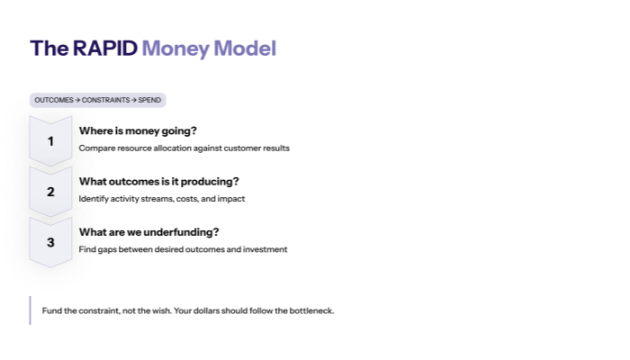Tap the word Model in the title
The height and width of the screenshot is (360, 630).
coord(244,49)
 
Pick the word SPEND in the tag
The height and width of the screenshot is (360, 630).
coord(149,100)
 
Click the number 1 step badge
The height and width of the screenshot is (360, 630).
coord(50,140)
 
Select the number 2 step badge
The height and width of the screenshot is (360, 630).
coord(50,191)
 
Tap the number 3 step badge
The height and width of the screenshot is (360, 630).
coord(50,241)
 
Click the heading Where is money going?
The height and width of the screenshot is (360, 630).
coord(138,130)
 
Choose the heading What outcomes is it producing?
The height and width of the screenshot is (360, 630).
coord(158,181)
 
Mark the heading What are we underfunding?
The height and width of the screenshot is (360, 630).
coord(148,231)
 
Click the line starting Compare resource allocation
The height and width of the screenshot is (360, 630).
coord(184,148)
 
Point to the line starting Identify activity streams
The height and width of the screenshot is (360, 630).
coord(161,198)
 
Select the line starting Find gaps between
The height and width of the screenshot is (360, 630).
coord(183,248)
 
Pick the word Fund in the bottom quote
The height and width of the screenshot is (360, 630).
coord(51,310)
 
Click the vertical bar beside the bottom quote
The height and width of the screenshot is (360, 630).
coord(30,310)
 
